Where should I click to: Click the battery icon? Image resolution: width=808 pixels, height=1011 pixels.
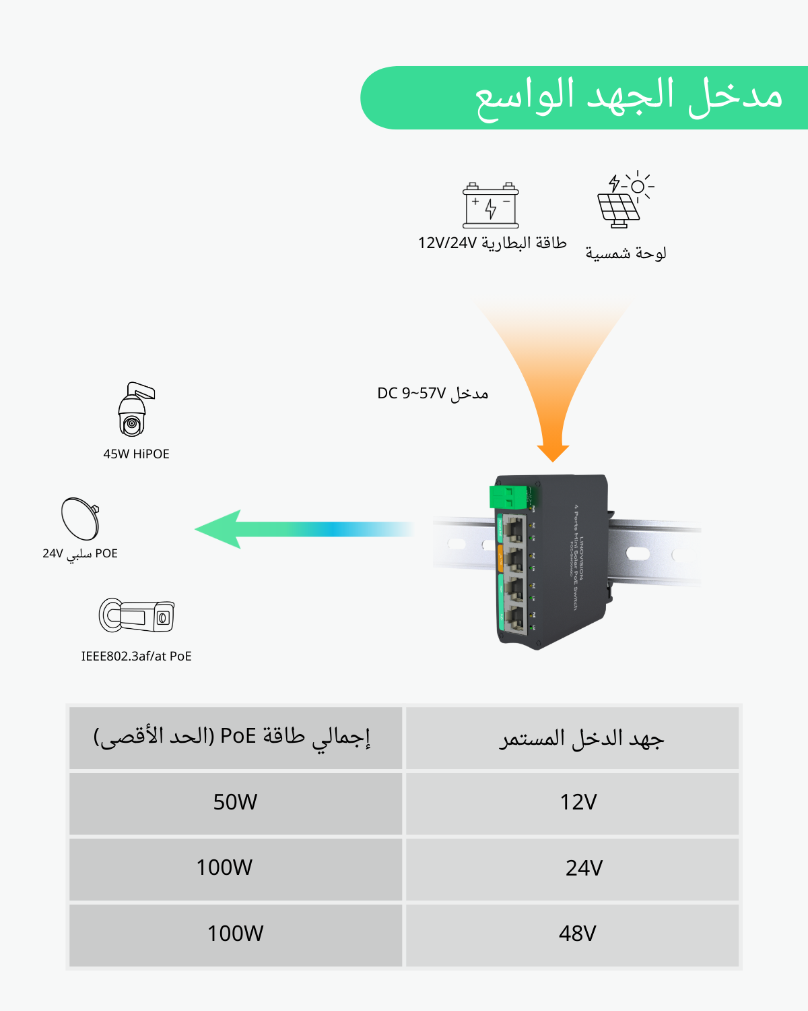pyautogui.click(x=491, y=206)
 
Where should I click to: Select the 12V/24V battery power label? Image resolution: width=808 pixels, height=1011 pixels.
pyautogui.click(x=492, y=243)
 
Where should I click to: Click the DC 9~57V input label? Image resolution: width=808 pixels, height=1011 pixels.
pyautogui.click(x=432, y=393)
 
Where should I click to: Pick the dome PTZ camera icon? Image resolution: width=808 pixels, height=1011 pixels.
pyautogui.click(x=135, y=410)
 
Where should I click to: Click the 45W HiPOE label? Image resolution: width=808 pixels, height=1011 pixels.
pyautogui.click(x=136, y=454)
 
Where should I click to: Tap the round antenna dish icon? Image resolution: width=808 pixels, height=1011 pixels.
pyautogui.click(x=81, y=518)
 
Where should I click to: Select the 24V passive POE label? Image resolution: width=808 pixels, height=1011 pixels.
pyautogui.click(x=80, y=553)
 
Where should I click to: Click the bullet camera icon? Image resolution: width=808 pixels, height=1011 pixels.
pyautogui.click(x=137, y=615)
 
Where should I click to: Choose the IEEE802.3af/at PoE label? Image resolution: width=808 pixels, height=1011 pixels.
pyautogui.click(x=136, y=656)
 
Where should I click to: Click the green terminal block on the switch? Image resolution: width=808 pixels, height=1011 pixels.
pyautogui.click(x=506, y=497)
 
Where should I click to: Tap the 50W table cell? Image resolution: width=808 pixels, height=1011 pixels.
pyautogui.click(x=235, y=802)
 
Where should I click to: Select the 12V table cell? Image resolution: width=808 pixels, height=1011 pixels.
pyautogui.click(x=578, y=802)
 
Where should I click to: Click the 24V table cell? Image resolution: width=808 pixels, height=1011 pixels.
pyautogui.click(x=584, y=867)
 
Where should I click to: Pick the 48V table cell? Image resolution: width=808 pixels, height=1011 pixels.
pyautogui.click(x=577, y=933)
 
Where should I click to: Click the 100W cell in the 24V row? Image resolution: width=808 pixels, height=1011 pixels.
pyautogui.click(x=224, y=867)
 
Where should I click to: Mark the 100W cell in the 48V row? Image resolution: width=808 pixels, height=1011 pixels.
pyautogui.click(x=235, y=933)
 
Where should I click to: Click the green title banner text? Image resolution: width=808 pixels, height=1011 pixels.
pyautogui.click(x=628, y=98)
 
